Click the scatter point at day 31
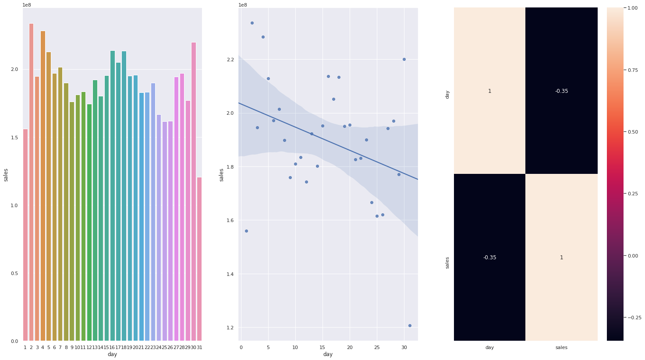tap(410, 325)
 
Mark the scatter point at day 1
tap(246, 231)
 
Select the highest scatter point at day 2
tap(252, 23)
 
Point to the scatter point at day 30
tap(404, 59)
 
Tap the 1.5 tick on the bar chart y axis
tap(15, 138)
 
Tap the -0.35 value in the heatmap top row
tap(561, 91)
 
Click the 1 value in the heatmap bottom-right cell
tap(561, 258)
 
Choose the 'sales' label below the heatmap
tap(561, 347)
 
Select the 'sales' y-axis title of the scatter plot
tap(222, 174)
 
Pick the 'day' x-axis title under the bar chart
tap(112, 354)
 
